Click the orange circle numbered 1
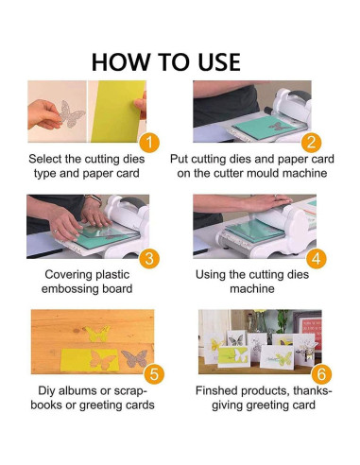pyautogui.click(x=147, y=143)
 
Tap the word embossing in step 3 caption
pyautogui.click(x=75, y=289)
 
